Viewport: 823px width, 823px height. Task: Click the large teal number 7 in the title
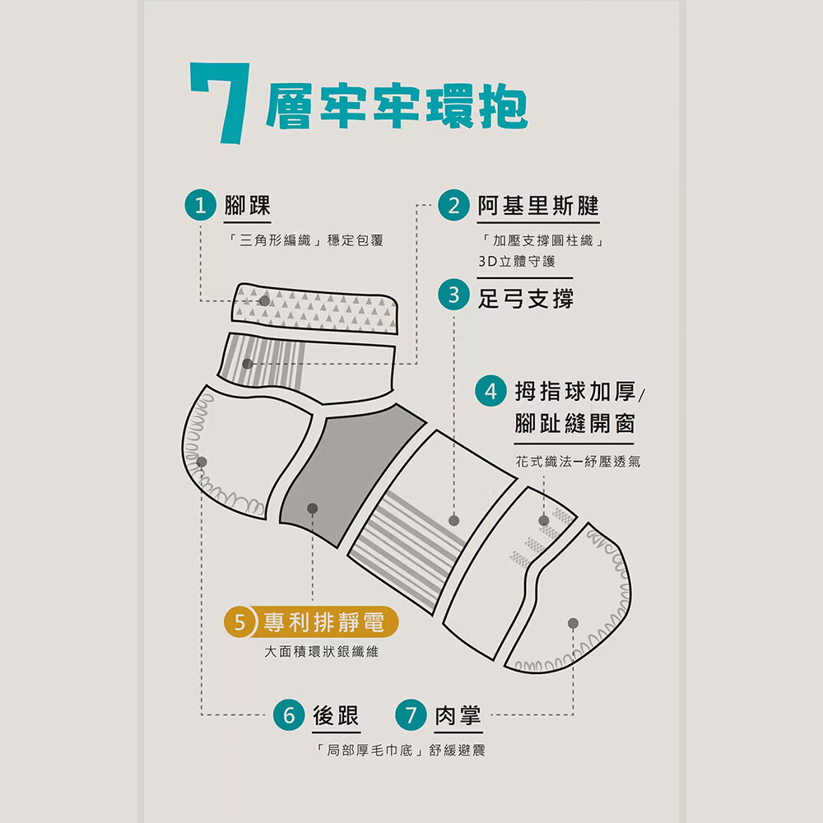[221, 102]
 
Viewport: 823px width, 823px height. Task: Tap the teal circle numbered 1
[201, 205]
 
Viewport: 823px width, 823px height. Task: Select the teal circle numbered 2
[453, 205]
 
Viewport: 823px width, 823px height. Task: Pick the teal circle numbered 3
[453, 295]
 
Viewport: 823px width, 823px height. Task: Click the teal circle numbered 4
[491, 391]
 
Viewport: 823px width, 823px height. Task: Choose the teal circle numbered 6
[289, 715]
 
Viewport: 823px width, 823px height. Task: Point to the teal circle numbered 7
[411, 715]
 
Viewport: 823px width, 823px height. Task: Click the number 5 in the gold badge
[239, 622]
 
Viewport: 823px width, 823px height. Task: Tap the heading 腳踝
[247, 205]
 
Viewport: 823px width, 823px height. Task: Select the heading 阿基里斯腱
[538, 205]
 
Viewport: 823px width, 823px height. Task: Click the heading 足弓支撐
[525, 299]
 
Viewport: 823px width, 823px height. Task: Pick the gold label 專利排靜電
[323, 622]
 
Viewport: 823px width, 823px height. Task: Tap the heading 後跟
[336, 715]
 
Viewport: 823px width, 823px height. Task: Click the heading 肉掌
[458, 715]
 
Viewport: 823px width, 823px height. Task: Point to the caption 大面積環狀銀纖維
[321, 652]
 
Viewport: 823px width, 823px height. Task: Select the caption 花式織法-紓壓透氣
[578, 462]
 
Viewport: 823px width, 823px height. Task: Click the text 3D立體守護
[517, 262]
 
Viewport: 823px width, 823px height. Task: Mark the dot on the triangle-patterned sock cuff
[264, 300]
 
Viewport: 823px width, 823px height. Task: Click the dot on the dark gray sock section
[312, 508]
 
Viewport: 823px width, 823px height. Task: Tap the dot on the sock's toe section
[573, 623]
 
